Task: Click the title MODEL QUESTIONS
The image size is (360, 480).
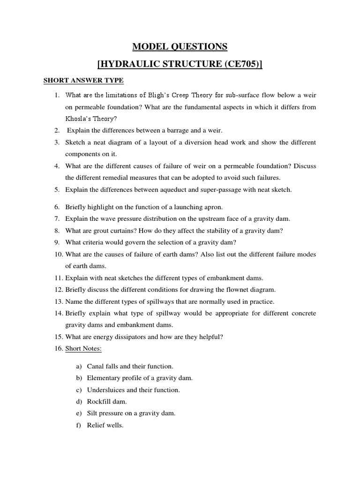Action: (x=180, y=46)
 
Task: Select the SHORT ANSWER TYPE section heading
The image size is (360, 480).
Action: (x=83, y=80)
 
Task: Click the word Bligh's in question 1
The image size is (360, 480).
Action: (x=158, y=96)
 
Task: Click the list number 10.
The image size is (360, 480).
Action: (x=58, y=254)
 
